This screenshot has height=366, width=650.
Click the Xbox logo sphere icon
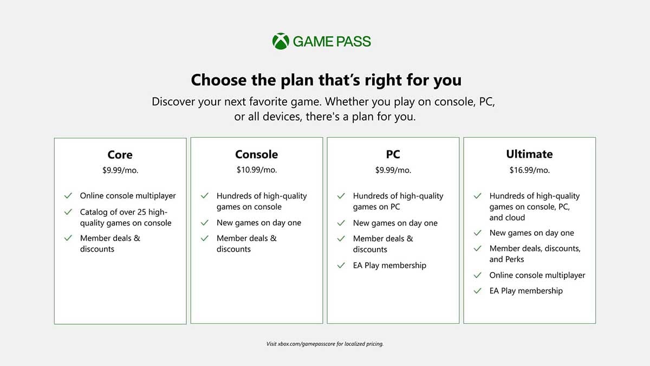[x=281, y=41]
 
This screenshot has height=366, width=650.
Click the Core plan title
[x=120, y=155]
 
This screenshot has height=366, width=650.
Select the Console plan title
[x=257, y=154]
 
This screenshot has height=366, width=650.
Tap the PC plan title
[x=393, y=154]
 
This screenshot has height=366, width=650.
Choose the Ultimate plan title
[x=529, y=154]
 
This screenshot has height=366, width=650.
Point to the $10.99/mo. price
[x=257, y=170]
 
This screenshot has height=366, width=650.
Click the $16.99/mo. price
[x=530, y=170]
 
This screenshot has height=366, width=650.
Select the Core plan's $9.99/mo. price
[x=120, y=170]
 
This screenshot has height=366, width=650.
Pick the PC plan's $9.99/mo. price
[x=393, y=170]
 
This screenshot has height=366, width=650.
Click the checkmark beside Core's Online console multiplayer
[x=68, y=196]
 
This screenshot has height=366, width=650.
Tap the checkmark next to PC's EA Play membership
[x=341, y=266]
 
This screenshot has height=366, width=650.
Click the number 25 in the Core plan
[x=141, y=212]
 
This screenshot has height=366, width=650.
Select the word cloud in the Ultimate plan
[x=515, y=217]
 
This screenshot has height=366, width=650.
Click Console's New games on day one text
[x=259, y=223]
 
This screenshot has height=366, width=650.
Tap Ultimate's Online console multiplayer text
[x=537, y=275]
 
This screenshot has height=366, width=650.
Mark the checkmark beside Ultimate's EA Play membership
[x=477, y=291]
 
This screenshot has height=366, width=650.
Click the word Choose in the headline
[x=218, y=80]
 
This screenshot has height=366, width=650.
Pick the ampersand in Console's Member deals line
[x=274, y=239]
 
